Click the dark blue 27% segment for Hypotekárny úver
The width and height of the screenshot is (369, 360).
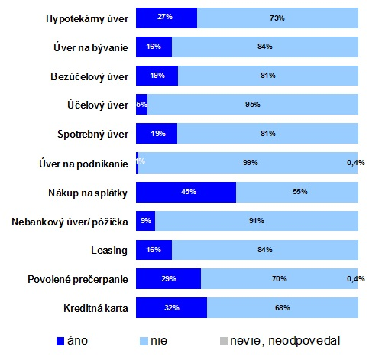(167, 18)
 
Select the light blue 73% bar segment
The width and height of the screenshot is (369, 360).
(277, 18)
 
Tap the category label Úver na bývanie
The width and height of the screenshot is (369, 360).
(91, 48)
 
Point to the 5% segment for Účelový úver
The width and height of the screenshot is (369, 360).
(141, 104)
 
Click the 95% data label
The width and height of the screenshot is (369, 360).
(253, 105)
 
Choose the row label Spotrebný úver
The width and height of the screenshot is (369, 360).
(92, 134)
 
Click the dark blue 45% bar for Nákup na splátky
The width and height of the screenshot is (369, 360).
(186, 192)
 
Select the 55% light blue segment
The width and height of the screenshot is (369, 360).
(297, 192)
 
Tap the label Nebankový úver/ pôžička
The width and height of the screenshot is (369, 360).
(70, 222)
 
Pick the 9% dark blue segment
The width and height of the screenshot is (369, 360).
(145, 221)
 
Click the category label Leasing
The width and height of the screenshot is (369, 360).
(109, 251)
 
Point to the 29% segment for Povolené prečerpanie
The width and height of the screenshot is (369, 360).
(168, 278)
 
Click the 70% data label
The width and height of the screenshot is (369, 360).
(280, 279)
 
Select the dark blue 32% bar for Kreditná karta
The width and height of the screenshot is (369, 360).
(171, 307)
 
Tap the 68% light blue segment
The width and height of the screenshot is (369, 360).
(283, 307)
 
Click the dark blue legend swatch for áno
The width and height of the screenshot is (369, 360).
(60, 341)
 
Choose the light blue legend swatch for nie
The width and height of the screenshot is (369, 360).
(144, 341)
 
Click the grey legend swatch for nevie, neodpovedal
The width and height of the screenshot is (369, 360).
(224, 341)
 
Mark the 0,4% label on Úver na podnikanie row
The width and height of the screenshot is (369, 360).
(356, 163)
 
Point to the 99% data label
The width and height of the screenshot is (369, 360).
(251, 163)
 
